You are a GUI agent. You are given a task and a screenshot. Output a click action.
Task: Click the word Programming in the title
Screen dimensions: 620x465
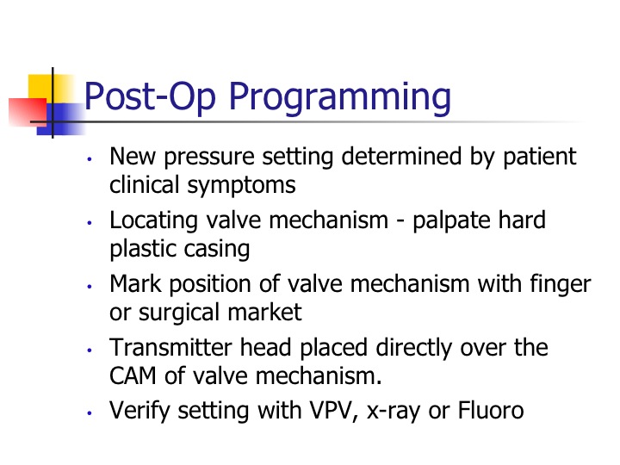coord(340,98)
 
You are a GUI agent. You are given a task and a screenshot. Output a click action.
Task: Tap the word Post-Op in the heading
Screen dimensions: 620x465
coord(150,97)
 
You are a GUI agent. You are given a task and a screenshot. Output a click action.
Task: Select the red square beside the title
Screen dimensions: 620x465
coord(28,112)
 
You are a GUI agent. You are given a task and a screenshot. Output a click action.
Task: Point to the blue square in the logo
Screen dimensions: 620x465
coord(60,119)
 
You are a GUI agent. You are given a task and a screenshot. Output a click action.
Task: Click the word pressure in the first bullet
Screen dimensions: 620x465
coord(209,158)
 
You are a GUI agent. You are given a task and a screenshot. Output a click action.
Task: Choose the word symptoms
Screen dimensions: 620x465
coord(242,186)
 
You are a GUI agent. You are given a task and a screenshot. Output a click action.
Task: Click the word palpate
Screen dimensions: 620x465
coord(451,221)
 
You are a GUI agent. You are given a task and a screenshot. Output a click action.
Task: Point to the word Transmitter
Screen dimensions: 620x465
coord(170,348)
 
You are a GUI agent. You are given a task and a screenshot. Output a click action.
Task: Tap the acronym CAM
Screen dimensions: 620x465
coord(133,376)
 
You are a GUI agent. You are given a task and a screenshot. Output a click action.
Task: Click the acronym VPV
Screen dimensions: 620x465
coord(330,411)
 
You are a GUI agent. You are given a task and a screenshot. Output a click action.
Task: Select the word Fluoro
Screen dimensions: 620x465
coord(491,411)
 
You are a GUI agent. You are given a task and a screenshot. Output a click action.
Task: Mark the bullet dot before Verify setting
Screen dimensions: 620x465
coord(90,413)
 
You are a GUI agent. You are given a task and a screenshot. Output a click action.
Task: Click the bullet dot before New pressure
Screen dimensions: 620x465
coord(90,159)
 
